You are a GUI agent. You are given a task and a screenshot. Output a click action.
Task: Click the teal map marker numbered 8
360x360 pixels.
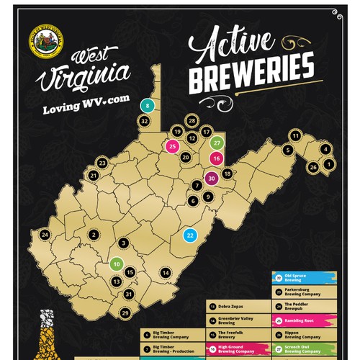[148, 106]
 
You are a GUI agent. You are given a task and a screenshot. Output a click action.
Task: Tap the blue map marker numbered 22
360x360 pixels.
[190, 235]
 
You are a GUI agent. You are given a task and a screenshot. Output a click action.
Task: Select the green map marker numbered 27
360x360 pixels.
[215, 143]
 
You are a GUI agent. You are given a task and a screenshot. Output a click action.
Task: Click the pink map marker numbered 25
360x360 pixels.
[172, 146]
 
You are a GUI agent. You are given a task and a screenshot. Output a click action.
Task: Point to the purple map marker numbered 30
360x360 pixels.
[211, 179]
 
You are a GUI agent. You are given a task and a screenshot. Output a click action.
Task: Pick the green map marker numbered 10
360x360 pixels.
[116, 264]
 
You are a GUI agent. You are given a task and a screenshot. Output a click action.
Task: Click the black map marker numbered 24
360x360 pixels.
[45, 235]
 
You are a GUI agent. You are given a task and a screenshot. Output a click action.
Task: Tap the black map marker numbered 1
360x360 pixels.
[329, 164]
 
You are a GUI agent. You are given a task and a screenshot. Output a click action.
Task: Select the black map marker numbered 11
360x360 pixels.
[295, 135]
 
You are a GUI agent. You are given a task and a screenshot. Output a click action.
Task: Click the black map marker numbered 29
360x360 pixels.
[125, 312]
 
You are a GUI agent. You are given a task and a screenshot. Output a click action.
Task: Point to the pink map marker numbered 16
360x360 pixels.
[215, 159]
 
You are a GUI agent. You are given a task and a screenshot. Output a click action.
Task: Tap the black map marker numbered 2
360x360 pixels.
[93, 235]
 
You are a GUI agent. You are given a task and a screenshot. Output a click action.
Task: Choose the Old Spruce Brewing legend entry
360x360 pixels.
[300, 278]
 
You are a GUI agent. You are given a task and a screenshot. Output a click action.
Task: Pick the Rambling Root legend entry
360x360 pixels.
[300, 320]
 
